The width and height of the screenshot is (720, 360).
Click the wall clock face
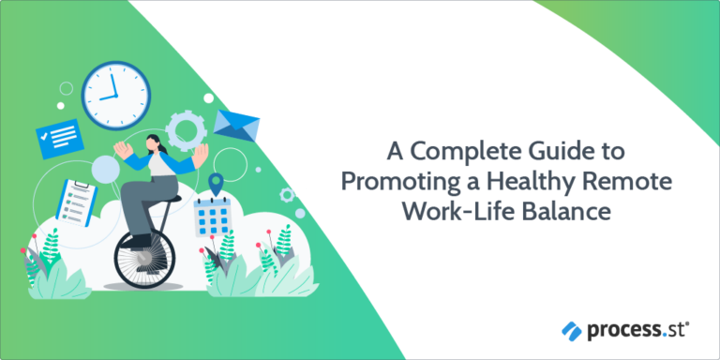coord(115,92)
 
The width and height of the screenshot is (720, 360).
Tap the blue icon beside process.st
coord(572,330)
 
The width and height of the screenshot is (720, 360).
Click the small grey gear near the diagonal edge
coord(287,195)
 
